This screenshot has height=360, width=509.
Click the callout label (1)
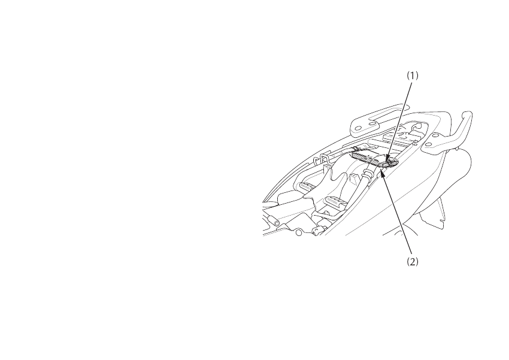click(413, 76)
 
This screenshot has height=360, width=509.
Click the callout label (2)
click(412, 262)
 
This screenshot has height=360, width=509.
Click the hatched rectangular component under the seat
click(366, 158)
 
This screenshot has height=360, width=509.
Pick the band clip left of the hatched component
click(356, 148)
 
